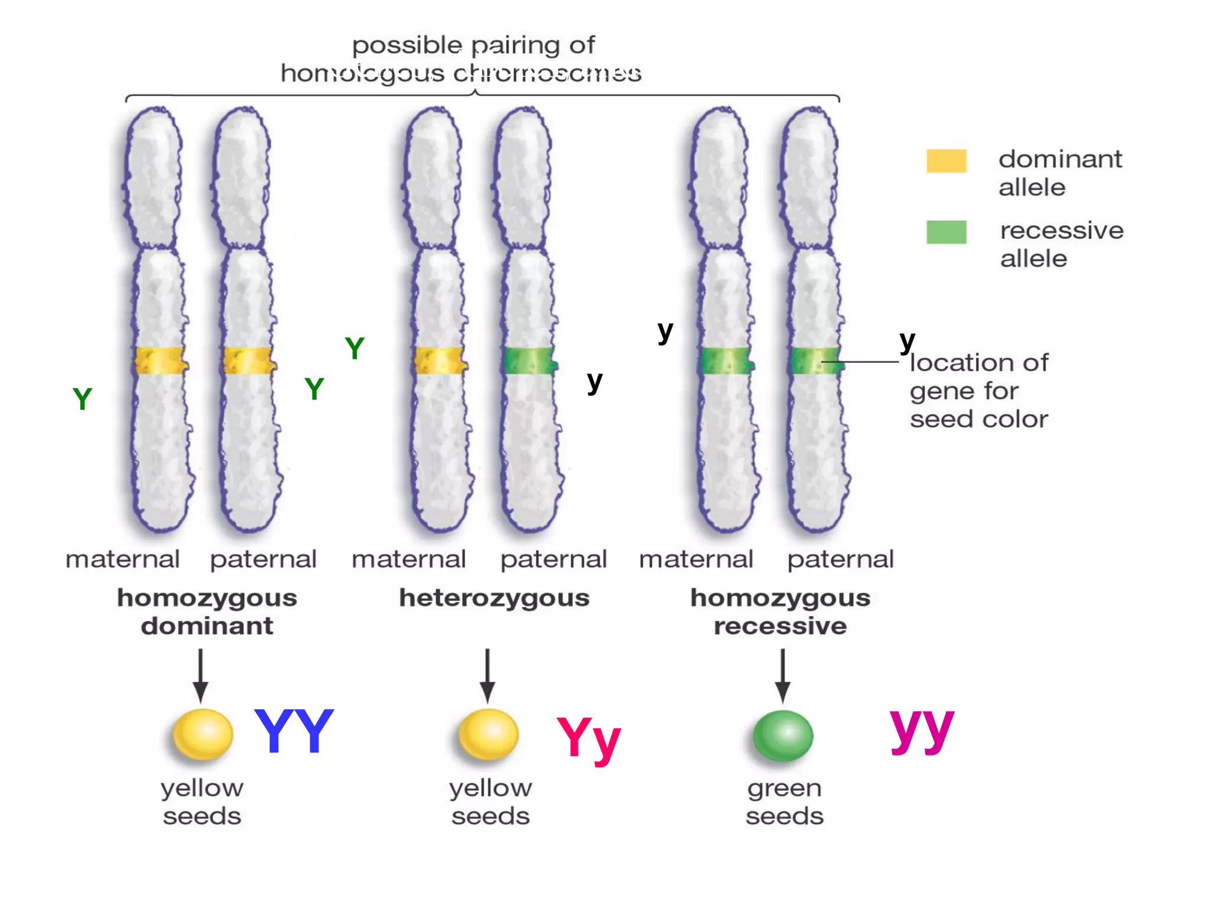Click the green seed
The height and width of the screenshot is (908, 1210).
pos(783,736)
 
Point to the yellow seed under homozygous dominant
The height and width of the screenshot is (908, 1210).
pos(203,734)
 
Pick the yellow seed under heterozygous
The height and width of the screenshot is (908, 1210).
pos(489,734)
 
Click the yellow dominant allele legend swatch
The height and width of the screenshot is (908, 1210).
pos(946,161)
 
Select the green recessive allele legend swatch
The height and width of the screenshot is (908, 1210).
pos(946,232)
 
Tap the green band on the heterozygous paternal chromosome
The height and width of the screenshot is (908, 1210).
pos(529,360)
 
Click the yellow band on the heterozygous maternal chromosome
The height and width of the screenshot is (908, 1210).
pos(438,361)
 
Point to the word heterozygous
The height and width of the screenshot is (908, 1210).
pos(494,598)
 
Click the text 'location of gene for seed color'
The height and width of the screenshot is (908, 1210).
pos(978,391)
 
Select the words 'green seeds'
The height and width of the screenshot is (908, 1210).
pos(784,802)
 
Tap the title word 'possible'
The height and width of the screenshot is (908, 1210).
pos(406,46)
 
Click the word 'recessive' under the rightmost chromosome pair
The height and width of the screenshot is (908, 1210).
pos(780,626)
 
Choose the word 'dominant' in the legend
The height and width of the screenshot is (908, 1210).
pos(1060,159)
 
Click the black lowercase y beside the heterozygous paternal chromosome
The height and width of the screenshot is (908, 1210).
pos(594,382)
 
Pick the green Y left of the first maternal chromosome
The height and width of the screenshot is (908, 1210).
pos(82,399)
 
